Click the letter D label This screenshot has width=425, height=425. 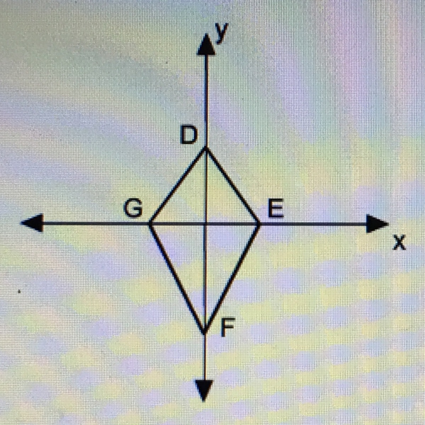coord(188,135)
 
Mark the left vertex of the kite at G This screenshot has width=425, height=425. coord(150,224)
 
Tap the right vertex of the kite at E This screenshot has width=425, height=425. coord(260,224)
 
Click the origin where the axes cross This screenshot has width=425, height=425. coord(205,224)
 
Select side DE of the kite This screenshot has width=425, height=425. coord(233,187)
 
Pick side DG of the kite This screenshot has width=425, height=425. coord(178,187)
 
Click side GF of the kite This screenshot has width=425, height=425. coord(177,278)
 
